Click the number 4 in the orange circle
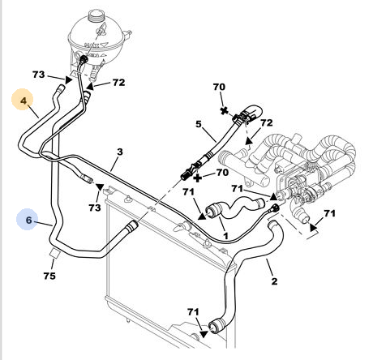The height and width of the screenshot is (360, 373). tap(24, 101)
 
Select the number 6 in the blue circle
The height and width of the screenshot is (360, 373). tap(28, 220)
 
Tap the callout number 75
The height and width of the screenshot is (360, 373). tap(49, 276)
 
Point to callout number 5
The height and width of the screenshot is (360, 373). tap(199, 124)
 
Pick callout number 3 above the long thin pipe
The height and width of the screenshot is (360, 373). tap(120, 152)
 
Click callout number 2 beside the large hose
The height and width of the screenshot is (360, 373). tap(274, 281)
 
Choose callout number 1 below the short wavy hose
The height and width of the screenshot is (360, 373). tap(225, 236)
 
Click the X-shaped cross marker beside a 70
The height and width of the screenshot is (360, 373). tap(224, 110)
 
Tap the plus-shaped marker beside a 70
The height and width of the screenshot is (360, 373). tap(198, 178)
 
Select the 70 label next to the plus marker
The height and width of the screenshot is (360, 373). tap(222, 172)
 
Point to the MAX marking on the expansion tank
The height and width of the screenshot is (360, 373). tap(92, 45)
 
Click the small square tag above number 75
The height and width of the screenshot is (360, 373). tap(55, 252)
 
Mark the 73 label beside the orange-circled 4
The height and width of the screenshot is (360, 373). tap(38, 75)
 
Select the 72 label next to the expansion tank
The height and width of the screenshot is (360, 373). tap(119, 83)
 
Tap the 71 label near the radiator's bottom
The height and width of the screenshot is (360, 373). tap(193, 312)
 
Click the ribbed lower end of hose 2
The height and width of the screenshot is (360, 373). tap(215, 326)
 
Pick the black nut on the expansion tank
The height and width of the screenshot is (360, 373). tap(84, 59)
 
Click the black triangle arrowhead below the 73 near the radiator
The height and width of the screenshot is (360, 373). tap(100, 187)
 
